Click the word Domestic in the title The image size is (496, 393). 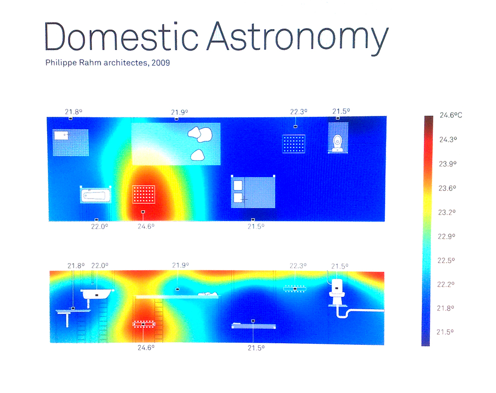coord(121,36)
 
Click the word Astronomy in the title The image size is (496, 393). coord(298,38)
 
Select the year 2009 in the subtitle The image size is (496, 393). coord(161,63)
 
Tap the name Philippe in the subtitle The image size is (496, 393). coord(61,63)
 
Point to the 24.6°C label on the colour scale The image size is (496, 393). coord(451,115)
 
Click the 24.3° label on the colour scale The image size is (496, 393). coord(448,139)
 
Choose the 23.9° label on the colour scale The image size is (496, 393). coord(447,164)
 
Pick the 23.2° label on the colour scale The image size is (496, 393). coord(447,213)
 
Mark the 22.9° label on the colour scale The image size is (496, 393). coord(446,237)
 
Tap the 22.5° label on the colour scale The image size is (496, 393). coord(446,261)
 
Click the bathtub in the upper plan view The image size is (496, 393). coord(95,194)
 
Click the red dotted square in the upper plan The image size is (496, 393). coord(143,194)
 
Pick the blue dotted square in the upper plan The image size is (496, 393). coord(294,144)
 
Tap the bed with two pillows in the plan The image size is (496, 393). coord(253,192)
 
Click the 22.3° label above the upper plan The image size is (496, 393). coord(299,112)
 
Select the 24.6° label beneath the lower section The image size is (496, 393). coord(146,348)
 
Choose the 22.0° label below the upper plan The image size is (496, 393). coord(100,227)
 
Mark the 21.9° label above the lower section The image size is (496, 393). coord(180,265)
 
